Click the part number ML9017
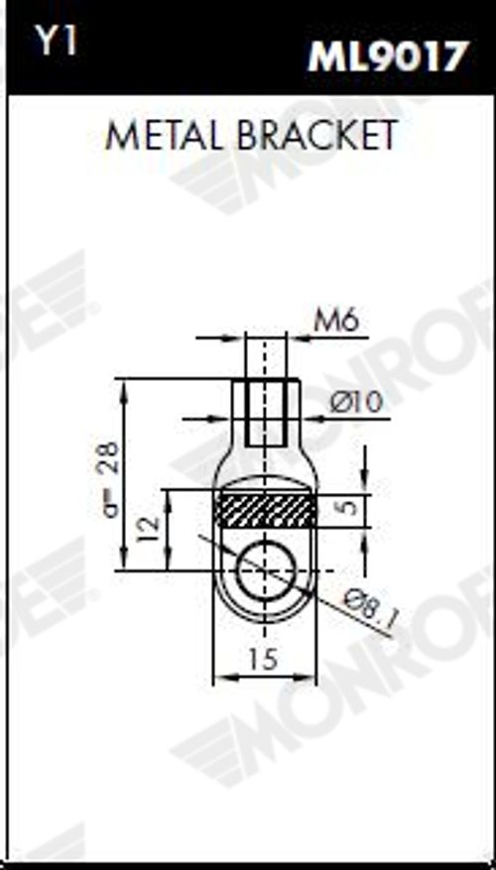point(386,57)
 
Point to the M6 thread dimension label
point(335,321)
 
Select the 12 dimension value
point(146,529)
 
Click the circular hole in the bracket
point(265,570)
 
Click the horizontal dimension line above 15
point(265,678)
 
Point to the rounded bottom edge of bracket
point(265,621)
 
